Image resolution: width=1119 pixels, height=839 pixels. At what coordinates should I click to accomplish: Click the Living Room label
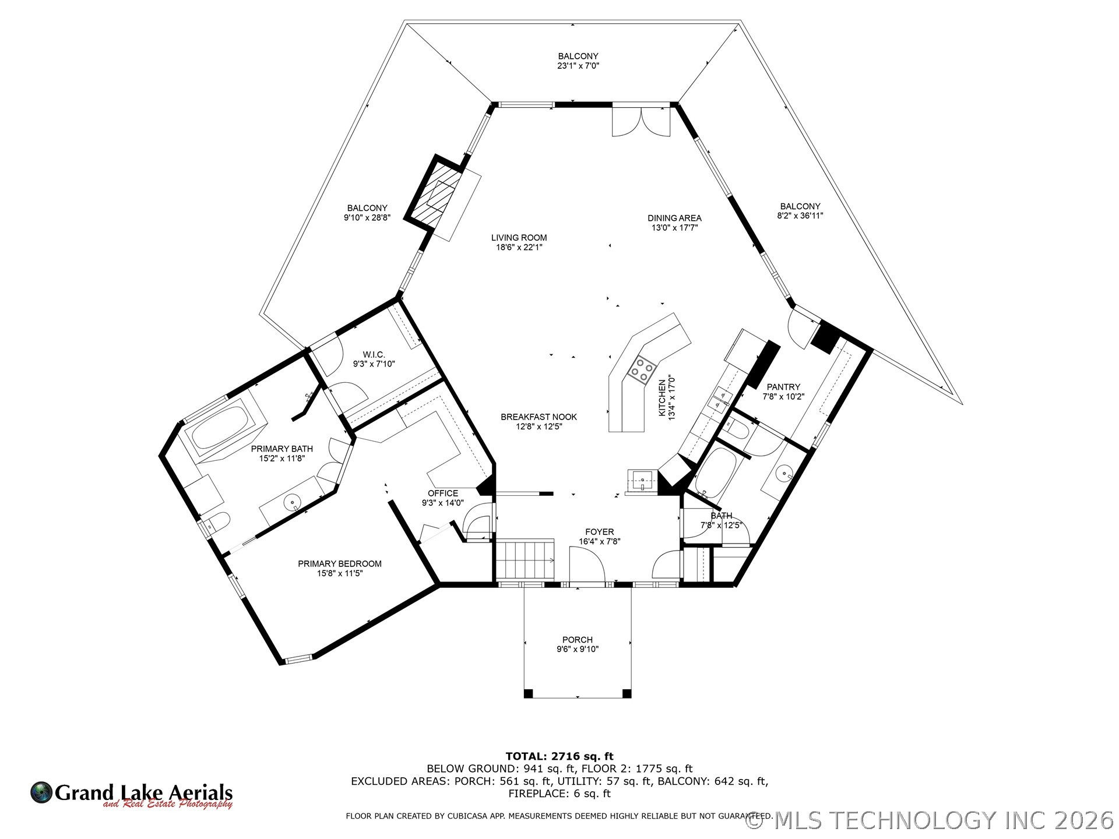pos(519,238)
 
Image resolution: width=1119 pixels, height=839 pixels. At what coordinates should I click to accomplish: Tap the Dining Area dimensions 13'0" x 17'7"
pos(674,228)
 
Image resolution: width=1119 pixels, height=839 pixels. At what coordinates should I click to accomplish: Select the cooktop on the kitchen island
pos(642,369)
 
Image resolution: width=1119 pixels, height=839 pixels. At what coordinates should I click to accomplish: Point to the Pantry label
pos(783,387)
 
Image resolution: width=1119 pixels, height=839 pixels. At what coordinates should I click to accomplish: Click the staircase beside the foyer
pos(524,560)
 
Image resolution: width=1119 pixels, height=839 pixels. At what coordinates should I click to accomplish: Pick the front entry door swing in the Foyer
pos(587,565)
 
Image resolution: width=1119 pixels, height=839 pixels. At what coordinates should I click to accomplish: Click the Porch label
pos(577,640)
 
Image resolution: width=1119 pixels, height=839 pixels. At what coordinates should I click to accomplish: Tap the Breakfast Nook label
pos(539,417)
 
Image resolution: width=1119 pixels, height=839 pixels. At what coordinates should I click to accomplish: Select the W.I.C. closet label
pos(374,354)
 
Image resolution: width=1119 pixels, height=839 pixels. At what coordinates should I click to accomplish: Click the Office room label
pos(443,493)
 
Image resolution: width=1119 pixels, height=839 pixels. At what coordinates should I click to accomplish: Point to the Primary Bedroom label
pos(339,563)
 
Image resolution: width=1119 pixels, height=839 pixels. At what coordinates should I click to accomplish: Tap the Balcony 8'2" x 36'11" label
pos(800,206)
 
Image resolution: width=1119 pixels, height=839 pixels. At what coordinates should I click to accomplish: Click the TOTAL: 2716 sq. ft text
pos(559,757)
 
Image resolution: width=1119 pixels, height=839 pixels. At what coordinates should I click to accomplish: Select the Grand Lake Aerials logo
pos(132,794)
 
